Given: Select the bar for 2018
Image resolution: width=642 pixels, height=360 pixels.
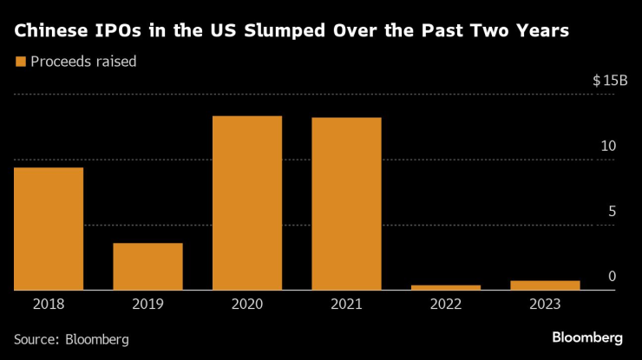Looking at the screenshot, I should pos(49,229).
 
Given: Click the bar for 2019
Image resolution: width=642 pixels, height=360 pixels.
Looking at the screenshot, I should pos(147,266).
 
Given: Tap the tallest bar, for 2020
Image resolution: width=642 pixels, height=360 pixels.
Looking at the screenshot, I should pos(247,203).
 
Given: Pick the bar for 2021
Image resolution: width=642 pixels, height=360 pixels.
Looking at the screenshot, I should pos(346,204).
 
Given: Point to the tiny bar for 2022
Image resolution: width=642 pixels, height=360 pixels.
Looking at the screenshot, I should pos(446,287).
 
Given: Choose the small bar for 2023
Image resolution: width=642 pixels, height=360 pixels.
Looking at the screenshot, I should pos(545,285).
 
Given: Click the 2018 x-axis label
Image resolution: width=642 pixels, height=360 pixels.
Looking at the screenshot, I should pos(49,304).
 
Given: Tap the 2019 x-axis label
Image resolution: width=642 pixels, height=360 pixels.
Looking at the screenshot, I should pos(147,304).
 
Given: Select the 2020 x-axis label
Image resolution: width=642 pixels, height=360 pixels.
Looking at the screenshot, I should pos(247,304).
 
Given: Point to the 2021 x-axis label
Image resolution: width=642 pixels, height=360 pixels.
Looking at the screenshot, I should pos(346,304).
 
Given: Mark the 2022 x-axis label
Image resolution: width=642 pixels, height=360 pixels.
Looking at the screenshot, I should pos(446,304).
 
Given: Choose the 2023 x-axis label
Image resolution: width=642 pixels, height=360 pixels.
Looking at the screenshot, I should pos(545,304).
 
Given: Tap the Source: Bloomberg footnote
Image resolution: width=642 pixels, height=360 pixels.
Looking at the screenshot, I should pos(71,339).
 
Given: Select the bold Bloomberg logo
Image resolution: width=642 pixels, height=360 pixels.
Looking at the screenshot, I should pos(587,337).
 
